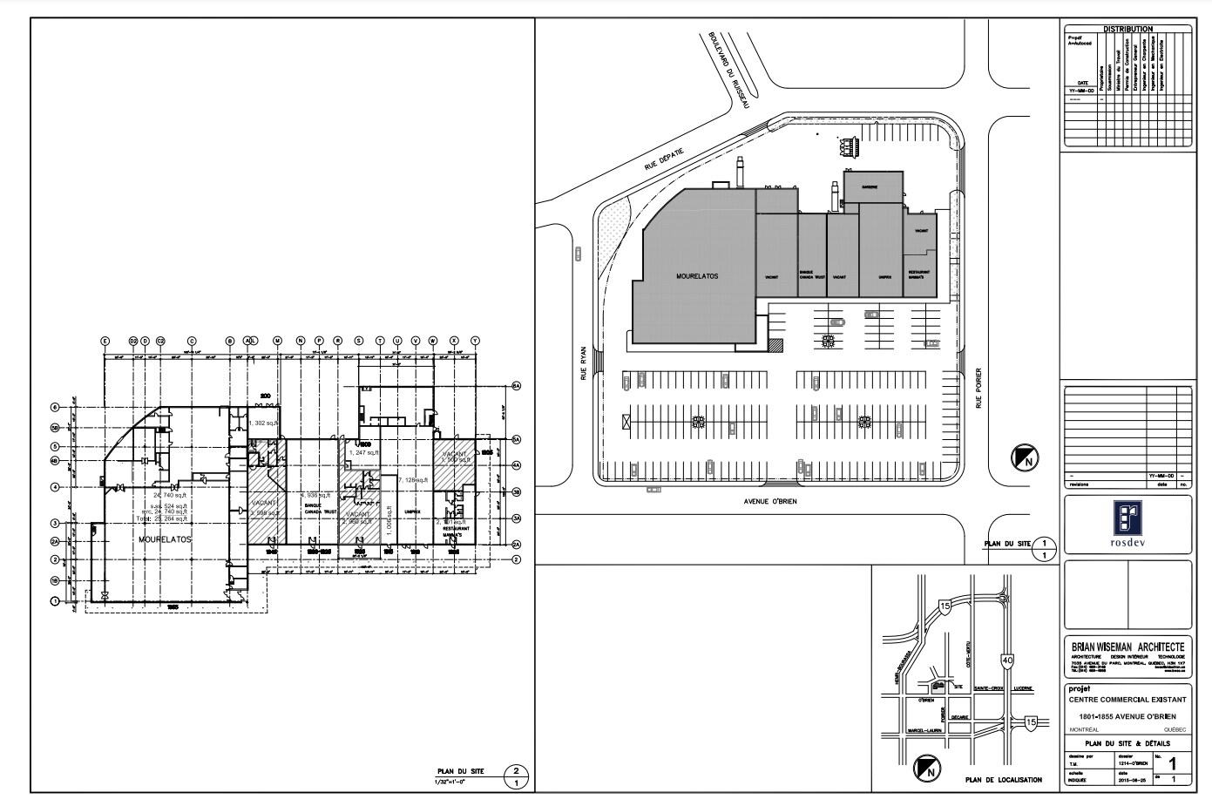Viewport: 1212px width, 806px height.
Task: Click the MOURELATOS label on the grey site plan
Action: tap(697, 275)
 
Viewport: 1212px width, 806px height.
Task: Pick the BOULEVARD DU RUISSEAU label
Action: tap(729, 71)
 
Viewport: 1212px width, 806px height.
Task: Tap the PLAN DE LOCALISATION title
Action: tap(1003, 780)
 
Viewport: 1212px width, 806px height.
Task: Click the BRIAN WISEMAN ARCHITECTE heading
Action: tap(1127, 646)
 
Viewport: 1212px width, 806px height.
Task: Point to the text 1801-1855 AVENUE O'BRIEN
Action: tap(1127, 715)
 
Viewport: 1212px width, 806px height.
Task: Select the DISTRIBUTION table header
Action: tap(1127, 29)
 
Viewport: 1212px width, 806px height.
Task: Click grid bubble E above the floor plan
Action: tap(105, 341)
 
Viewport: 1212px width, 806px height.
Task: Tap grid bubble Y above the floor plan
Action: tap(475, 341)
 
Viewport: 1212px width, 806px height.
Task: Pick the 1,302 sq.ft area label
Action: tap(263, 423)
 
